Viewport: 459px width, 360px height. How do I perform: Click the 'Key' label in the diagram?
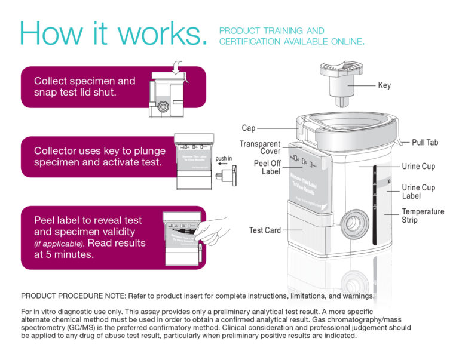tap(384, 85)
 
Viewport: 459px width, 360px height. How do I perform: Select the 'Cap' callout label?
tap(249, 128)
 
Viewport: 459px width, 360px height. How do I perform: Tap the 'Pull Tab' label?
tap(425, 143)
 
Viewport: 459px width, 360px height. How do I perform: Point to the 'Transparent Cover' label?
tap(260, 147)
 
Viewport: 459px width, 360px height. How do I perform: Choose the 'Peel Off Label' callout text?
tap(267, 167)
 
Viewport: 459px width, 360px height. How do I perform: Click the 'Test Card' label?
tap(265, 230)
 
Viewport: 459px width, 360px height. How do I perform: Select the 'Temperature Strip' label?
tap(423, 216)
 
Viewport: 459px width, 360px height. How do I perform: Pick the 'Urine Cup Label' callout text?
tap(418, 191)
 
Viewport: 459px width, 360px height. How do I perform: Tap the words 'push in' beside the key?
tap(224, 159)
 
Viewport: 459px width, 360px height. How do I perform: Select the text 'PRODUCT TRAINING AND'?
tap(271, 30)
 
